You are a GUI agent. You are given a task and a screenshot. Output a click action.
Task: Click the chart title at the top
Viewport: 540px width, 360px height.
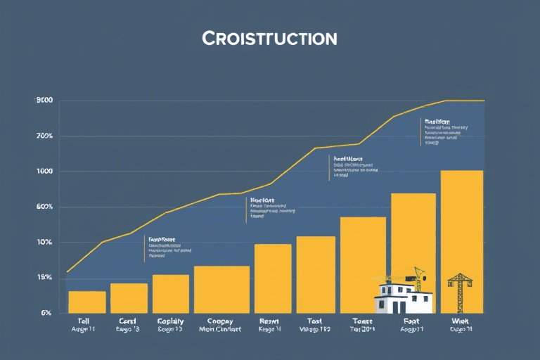270,37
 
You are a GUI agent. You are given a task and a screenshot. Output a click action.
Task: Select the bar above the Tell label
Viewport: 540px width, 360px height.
87,302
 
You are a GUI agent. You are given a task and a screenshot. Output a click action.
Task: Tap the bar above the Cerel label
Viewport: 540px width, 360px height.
129,298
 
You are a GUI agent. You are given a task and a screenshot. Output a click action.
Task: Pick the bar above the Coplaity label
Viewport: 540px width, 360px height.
171,293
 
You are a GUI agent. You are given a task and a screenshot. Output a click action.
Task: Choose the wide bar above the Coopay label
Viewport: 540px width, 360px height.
221,289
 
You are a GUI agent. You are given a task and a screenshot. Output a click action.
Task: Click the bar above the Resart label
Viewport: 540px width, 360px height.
273,278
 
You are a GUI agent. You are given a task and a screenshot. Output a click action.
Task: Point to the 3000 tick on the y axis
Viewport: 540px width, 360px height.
44,101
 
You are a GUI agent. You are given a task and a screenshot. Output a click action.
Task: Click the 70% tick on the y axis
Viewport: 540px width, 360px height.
44,136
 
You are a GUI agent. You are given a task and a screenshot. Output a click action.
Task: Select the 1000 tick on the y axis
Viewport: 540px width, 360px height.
44,172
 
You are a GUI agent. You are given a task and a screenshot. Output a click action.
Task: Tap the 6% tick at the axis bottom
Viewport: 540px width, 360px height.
46,313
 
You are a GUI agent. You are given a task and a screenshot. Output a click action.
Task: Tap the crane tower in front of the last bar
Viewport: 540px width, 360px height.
460,290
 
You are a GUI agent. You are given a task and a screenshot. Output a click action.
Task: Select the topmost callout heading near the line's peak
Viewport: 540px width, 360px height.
437,121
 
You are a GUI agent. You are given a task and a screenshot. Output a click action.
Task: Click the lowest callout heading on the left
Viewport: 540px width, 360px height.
161,239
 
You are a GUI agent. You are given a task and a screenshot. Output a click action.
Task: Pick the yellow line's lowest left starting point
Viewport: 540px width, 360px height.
67,271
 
